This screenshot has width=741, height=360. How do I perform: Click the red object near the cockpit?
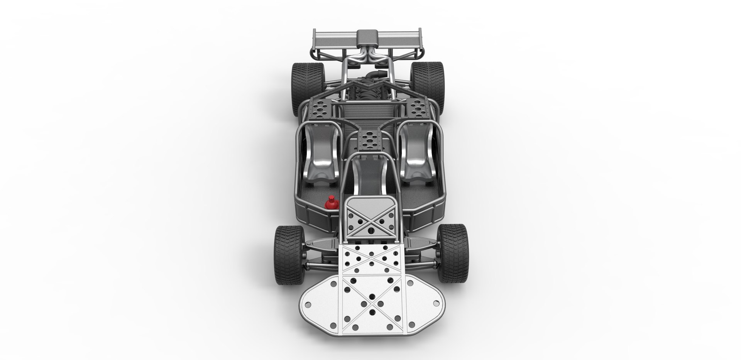[x=331, y=203]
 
